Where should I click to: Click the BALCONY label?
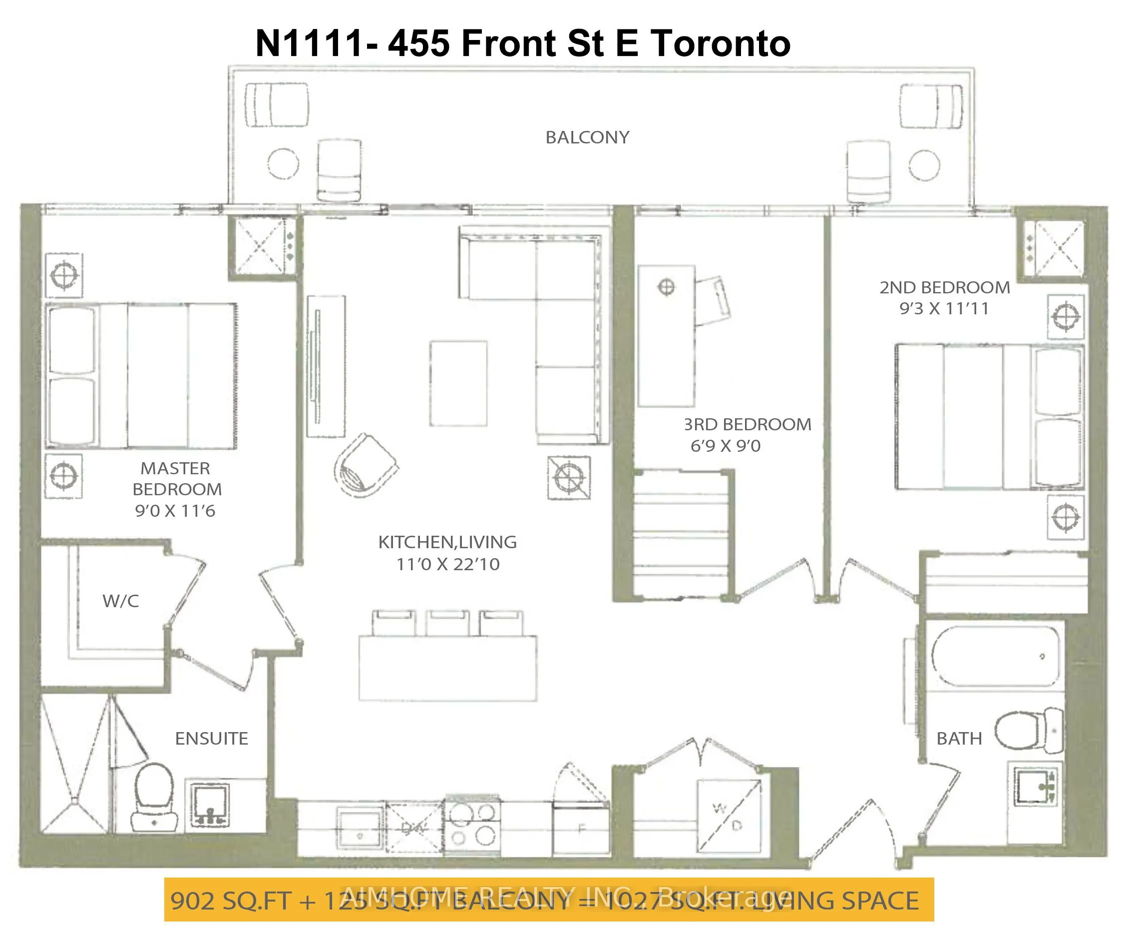(587, 137)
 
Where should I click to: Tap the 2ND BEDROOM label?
(944, 287)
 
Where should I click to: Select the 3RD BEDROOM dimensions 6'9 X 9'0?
(725, 446)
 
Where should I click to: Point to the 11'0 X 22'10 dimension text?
(447, 564)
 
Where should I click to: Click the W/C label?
(121, 601)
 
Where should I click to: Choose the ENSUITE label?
(211, 739)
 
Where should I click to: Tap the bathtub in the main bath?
(995, 656)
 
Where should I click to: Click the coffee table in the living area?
(458, 383)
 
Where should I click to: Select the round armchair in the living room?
(365, 465)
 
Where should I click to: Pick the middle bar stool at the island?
(447, 623)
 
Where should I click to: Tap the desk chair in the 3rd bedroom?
(713, 301)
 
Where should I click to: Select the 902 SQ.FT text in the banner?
(231, 901)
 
